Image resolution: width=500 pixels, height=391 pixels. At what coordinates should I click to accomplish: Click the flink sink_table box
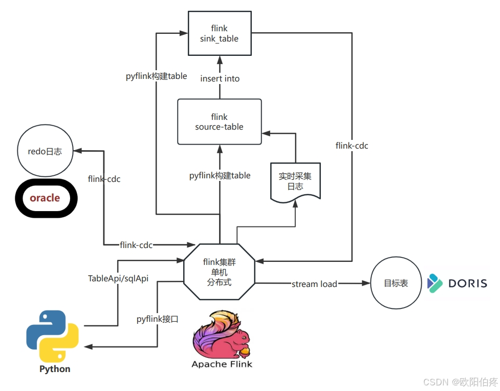click(220, 34)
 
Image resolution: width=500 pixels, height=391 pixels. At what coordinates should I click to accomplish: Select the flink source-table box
click(219, 122)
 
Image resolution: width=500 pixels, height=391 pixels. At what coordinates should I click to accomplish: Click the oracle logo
click(45, 198)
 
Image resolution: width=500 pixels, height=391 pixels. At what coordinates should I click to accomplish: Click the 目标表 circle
click(396, 283)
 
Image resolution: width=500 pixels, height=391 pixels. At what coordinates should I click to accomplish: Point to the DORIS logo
click(457, 283)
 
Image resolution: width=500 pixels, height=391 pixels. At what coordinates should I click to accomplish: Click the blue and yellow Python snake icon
click(53, 336)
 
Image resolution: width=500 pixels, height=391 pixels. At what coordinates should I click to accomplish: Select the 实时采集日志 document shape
click(295, 181)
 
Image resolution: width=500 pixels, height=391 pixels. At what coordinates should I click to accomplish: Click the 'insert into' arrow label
click(220, 78)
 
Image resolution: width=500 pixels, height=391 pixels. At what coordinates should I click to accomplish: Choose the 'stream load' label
click(314, 284)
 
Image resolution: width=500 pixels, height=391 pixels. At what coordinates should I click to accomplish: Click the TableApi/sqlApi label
click(118, 278)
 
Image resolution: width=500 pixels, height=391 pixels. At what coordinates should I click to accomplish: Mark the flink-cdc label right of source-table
click(352, 146)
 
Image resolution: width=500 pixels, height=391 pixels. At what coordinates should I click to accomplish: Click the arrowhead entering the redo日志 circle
click(77, 151)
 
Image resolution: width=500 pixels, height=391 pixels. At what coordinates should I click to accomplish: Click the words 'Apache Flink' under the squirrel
click(222, 364)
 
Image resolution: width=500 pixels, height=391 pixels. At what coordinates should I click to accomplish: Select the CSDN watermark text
click(461, 382)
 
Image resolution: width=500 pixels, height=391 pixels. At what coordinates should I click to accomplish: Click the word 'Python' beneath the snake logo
click(55, 369)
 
